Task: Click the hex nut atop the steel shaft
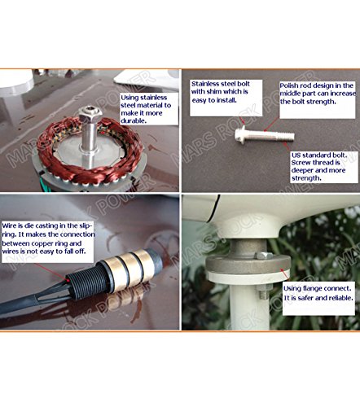coord(90,114)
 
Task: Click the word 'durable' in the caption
coord(134,121)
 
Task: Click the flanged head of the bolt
coord(240,134)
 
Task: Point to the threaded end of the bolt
coord(285,136)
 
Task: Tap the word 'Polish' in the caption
coord(289,85)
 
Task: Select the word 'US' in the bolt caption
coord(296,155)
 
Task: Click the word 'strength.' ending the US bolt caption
coord(306,178)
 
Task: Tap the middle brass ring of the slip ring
coord(128,270)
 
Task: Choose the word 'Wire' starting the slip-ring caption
coord(8,225)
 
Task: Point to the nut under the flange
coord(262,292)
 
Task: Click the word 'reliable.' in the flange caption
coord(340,298)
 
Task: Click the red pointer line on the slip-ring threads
coord(50,271)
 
